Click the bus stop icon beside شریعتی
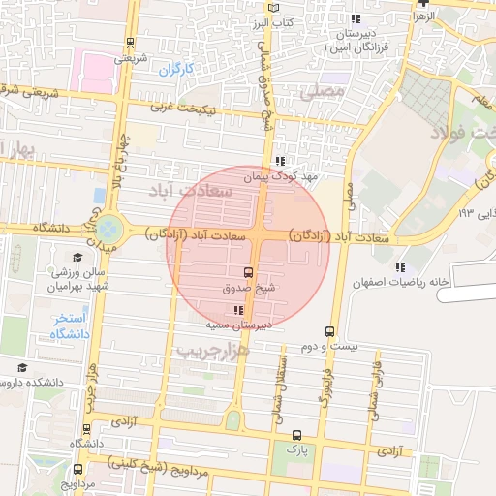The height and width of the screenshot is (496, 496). click(x=130, y=43)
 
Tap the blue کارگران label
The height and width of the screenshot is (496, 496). click(x=177, y=69)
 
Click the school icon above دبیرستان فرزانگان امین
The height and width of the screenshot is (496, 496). click(x=356, y=18)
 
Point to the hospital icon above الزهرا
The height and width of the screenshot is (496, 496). click(x=421, y=3)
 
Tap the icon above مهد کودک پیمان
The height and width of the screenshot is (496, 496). click(x=280, y=162)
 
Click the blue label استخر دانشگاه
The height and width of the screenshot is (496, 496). click(x=69, y=325)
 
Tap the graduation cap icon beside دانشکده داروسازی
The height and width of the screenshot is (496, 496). click(x=22, y=368)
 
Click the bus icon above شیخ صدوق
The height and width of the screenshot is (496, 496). click(x=249, y=272)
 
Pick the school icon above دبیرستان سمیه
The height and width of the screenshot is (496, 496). click(x=239, y=310)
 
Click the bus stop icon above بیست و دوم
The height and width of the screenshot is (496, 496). click(x=330, y=331)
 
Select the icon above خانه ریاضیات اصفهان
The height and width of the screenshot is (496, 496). click(x=400, y=267)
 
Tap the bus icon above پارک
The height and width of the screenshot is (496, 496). click(x=296, y=435)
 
